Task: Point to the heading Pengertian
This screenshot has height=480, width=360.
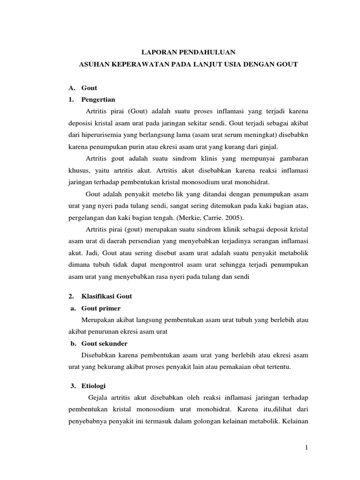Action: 98,99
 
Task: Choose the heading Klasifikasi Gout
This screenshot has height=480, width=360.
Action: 106,296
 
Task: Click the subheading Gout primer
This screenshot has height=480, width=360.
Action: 101,308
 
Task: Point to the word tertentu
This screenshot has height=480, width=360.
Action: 277,367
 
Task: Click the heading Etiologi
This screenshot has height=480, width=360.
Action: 94,386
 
